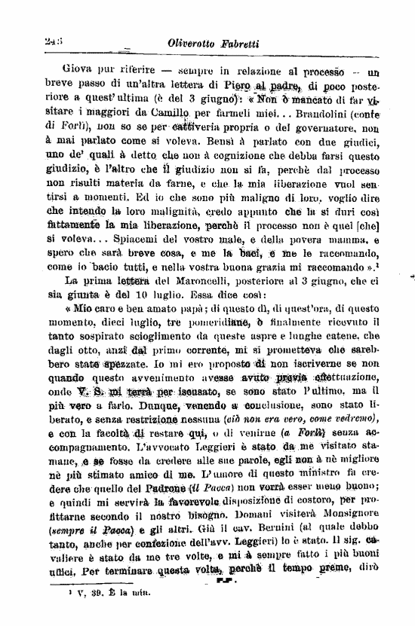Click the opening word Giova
tap(84, 73)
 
